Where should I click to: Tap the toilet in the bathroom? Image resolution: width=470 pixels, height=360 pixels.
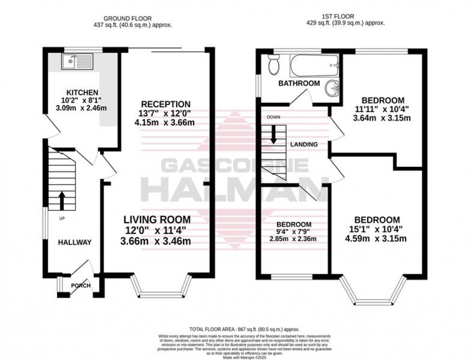click(x=274, y=65)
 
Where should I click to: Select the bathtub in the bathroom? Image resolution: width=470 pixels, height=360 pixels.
click(x=315, y=65)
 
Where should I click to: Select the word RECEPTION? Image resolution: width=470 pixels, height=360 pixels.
click(x=166, y=105)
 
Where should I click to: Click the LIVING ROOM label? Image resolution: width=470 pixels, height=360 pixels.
click(x=157, y=220)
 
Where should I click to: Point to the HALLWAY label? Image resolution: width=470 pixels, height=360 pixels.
click(x=74, y=243)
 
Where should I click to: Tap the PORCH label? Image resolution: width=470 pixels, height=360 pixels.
click(x=80, y=286)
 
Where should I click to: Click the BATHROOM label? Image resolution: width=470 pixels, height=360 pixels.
click(x=299, y=83)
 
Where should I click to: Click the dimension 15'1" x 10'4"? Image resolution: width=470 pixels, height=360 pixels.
click(x=376, y=229)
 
